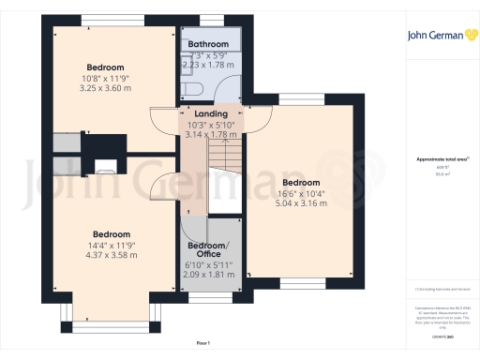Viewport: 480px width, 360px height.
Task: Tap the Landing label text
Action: click(x=210, y=114)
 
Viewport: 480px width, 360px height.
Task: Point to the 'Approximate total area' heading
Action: click(x=441, y=159)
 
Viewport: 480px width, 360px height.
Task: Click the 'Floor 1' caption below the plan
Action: click(x=203, y=343)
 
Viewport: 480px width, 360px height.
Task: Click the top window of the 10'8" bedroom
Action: click(x=106, y=22)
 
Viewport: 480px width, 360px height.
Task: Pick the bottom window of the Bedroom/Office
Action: click(x=208, y=292)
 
